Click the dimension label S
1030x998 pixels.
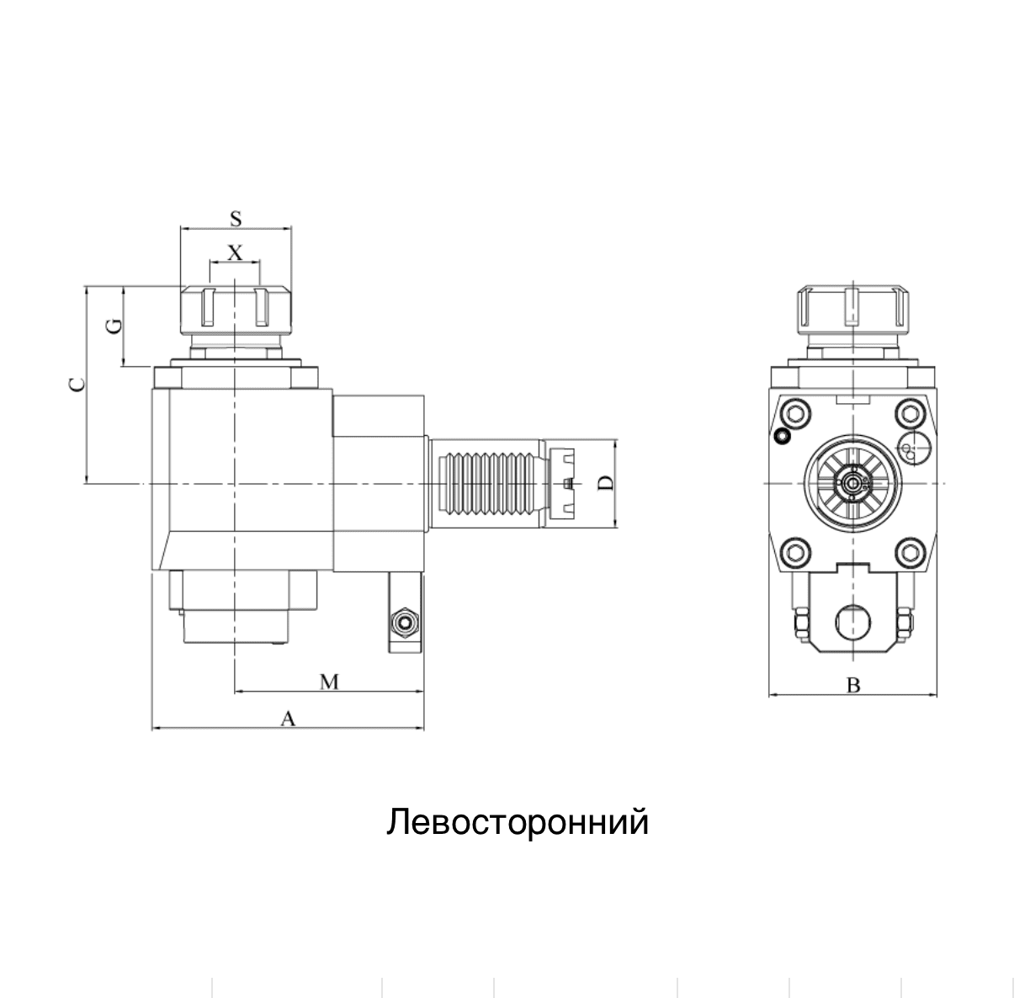(236, 219)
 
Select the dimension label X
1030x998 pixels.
(236, 252)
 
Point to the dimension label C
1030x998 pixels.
(77, 385)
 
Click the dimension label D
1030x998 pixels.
(605, 483)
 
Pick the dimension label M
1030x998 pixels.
(329, 682)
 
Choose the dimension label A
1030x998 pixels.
(288, 719)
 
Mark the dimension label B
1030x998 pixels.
(853, 686)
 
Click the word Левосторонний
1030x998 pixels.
(518, 822)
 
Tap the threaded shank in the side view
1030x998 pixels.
(486, 483)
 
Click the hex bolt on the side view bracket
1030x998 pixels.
(406, 622)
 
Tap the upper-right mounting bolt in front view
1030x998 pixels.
(910, 413)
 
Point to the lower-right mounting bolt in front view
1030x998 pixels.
(910, 553)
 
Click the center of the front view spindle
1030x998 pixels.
(853, 483)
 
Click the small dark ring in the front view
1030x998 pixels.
(783, 436)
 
